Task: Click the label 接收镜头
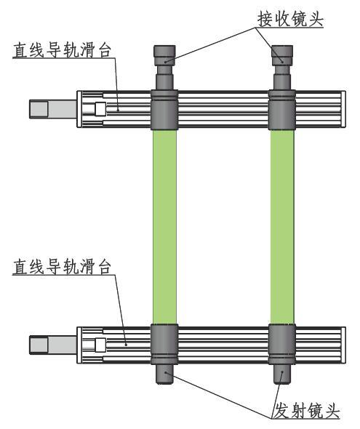point(290,19)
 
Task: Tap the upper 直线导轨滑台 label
point(62,50)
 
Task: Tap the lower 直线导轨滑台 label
point(62,267)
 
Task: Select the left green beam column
point(164,227)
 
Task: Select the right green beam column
point(282,227)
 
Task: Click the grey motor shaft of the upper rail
point(53,109)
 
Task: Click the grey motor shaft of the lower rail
point(53,345)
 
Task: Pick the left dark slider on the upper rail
point(164,110)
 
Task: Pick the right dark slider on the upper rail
point(282,110)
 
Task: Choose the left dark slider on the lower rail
point(164,344)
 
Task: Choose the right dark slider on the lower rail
point(282,344)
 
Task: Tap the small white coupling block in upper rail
point(100,108)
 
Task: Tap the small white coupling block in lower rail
point(100,345)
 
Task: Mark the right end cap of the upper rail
point(343,109)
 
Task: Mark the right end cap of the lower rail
point(343,345)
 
